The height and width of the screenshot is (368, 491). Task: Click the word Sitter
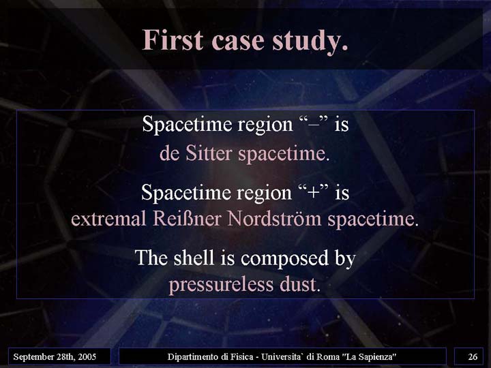click(209, 153)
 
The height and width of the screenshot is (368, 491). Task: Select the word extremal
click(108, 219)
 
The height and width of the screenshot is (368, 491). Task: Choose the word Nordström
click(275, 218)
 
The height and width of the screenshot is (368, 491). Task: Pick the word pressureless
click(222, 286)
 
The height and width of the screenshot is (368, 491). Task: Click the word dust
click(297, 284)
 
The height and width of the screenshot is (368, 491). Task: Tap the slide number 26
click(473, 356)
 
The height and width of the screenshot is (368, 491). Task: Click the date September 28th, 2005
click(55, 356)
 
